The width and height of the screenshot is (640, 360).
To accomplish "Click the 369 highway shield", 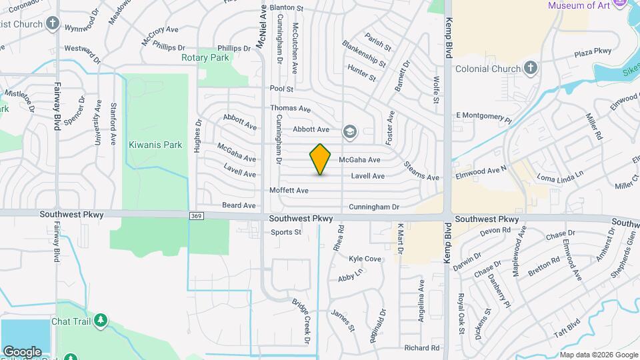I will pyautogui.click(x=196, y=215).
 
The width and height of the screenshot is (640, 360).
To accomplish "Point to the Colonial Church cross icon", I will pyautogui.click(x=531, y=68).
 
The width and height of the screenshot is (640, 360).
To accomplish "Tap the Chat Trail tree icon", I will pyautogui.click(x=101, y=321).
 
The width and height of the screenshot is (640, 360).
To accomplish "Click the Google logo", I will pyautogui.click(x=22, y=351).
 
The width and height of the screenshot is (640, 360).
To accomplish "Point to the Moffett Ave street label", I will pyautogui.click(x=289, y=191).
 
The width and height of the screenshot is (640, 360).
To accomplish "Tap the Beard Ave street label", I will pyautogui.click(x=239, y=205).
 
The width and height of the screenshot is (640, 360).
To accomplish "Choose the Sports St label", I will pyautogui.click(x=286, y=233).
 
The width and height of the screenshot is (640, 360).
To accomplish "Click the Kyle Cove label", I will pyautogui.click(x=365, y=259).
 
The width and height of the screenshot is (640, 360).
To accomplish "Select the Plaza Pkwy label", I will pyautogui.click(x=593, y=51).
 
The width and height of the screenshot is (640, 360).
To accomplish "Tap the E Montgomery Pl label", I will pyautogui.click(x=483, y=116).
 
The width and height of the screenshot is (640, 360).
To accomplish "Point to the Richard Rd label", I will pyautogui.click(x=422, y=348).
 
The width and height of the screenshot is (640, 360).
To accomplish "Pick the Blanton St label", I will pyautogui.click(x=286, y=8).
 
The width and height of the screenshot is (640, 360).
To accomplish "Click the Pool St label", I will pyautogui.click(x=281, y=89).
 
